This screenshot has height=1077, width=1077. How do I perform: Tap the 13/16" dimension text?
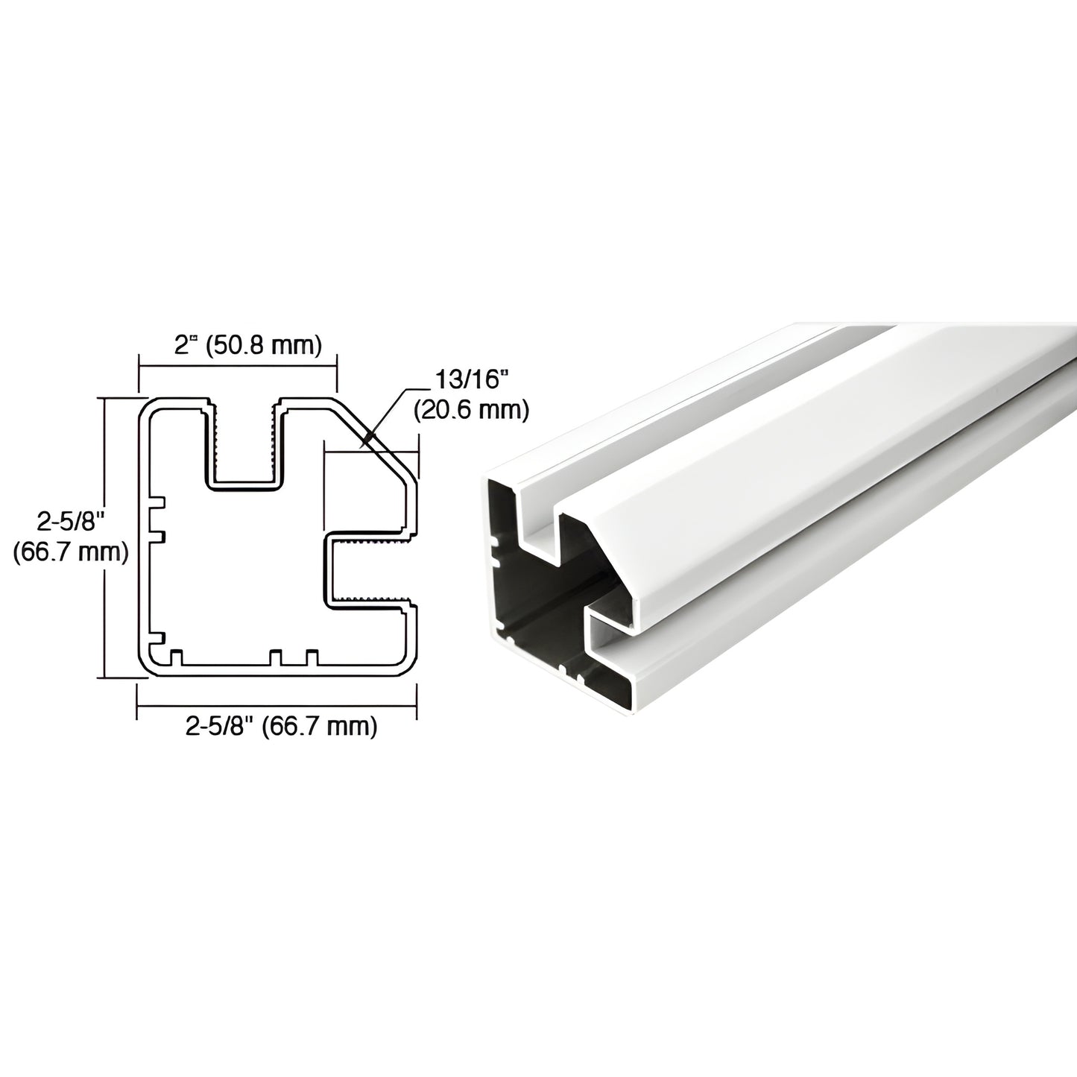[470, 381]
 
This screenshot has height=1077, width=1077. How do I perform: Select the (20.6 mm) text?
[470, 410]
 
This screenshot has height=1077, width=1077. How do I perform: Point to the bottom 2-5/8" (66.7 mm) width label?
[281, 727]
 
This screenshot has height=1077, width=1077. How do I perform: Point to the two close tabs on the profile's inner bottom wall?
[294, 657]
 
